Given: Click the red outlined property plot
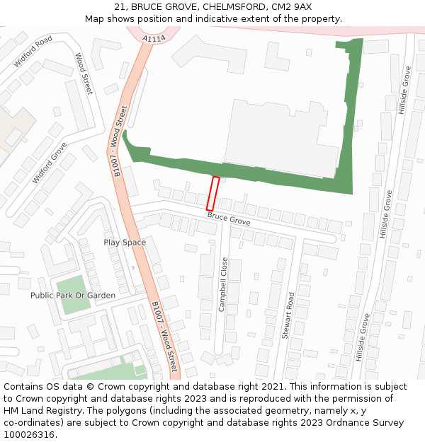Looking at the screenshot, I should [x=212, y=193].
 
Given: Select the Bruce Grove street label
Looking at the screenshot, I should [x=228, y=219].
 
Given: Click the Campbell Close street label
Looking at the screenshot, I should [x=223, y=284].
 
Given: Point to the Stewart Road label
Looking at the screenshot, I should [x=288, y=315].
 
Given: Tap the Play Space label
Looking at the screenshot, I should [x=125, y=243].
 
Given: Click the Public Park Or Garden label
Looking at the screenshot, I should [x=72, y=295].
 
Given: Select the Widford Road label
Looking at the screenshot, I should [x=33, y=51].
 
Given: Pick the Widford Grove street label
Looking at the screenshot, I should [x=50, y=163].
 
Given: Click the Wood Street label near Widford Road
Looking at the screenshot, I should [x=84, y=74].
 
